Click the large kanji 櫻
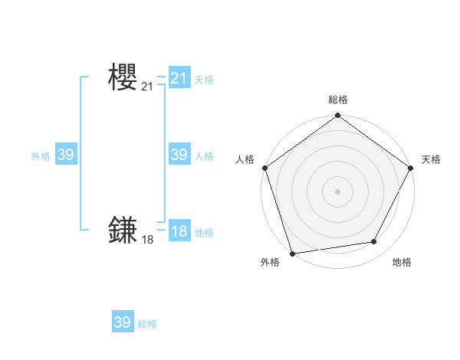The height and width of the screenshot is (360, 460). click(123, 78)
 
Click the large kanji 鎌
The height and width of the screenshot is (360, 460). click(123, 231)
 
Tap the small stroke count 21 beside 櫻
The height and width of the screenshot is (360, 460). click(147, 87)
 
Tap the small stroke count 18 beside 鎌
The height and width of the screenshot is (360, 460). click(147, 240)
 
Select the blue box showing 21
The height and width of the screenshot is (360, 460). click(179, 78)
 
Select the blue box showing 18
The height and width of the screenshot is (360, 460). click(179, 232)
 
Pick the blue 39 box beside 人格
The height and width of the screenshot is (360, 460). click(179, 155)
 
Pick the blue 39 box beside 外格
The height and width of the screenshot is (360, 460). click(66, 155)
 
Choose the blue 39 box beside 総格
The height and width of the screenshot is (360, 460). click(123, 322)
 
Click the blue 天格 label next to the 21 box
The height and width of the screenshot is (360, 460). click(204, 80)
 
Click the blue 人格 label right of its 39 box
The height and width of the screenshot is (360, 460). click(204, 156)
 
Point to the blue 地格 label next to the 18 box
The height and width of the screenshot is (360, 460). click(204, 233)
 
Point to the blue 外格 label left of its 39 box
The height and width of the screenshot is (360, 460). click(41, 156)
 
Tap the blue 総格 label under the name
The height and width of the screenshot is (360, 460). click(147, 324)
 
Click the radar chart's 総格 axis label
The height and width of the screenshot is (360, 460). click(338, 100)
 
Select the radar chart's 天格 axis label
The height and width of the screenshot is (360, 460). click(432, 159)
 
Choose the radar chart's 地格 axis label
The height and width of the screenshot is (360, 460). click(402, 262)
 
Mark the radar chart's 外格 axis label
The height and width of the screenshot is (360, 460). click(270, 262)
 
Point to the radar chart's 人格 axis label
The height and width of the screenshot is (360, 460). click(245, 159)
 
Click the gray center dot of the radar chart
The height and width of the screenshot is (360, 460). click(338, 191)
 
